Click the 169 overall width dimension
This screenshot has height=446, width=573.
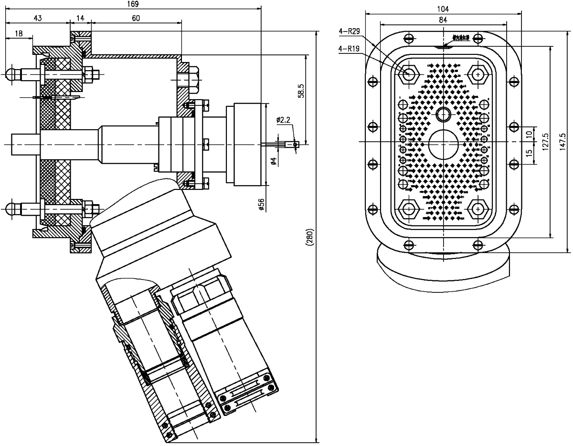(x=133, y=4)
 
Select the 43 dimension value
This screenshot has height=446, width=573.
(x=38, y=18)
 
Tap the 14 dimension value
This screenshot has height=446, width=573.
(x=80, y=18)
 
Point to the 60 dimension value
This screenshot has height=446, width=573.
(x=136, y=18)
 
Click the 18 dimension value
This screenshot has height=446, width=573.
(x=19, y=33)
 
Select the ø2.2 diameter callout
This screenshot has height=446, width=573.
(x=283, y=120)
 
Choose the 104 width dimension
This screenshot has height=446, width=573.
(x=443, y=9)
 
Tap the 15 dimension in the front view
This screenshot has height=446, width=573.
(x=529, y=153)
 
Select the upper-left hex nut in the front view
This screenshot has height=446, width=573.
(x=409, y=74)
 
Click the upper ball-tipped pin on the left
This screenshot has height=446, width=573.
(x=11, y=74)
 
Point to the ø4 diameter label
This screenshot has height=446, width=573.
(x=273, y=161)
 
